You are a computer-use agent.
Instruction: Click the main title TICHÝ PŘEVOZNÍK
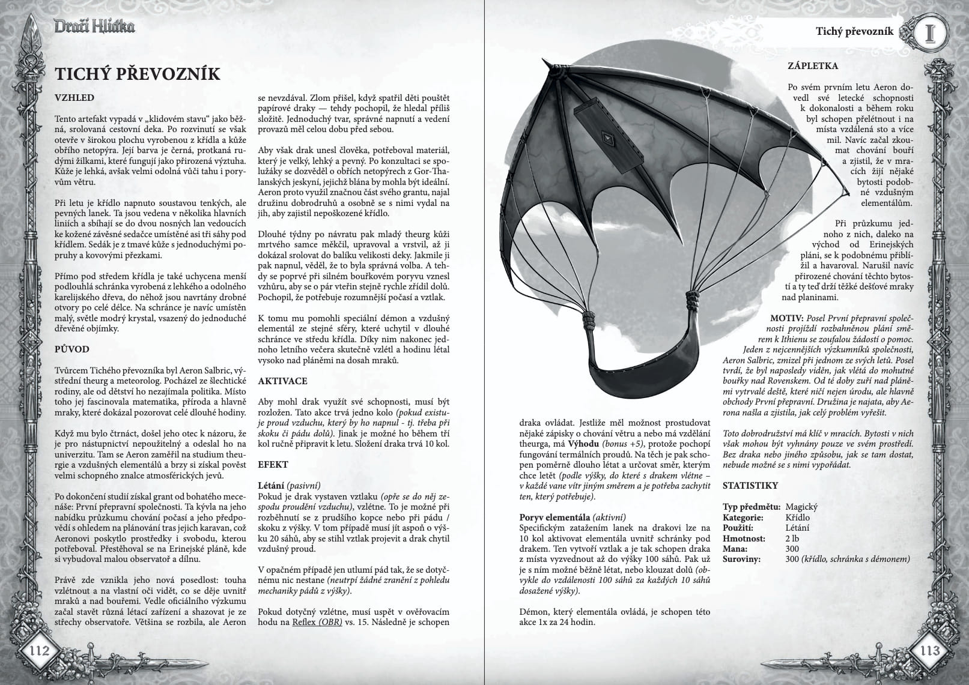[138, 74]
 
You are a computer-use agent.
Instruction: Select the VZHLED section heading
[74, 98]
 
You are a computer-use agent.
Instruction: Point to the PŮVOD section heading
[72, 349]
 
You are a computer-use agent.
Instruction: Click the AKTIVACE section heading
[282, 381]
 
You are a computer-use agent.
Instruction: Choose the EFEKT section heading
[273, 464]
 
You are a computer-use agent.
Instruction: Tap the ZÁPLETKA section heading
[813, 65]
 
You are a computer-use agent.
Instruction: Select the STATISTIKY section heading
[750, 485]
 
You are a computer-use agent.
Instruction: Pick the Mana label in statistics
[735, 549]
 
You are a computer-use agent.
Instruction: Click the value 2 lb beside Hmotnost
[792, 539]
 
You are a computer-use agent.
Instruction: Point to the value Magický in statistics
[801, 507]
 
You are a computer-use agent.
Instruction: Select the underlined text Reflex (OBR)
[317, 622]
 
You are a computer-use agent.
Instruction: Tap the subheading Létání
[270, 485]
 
